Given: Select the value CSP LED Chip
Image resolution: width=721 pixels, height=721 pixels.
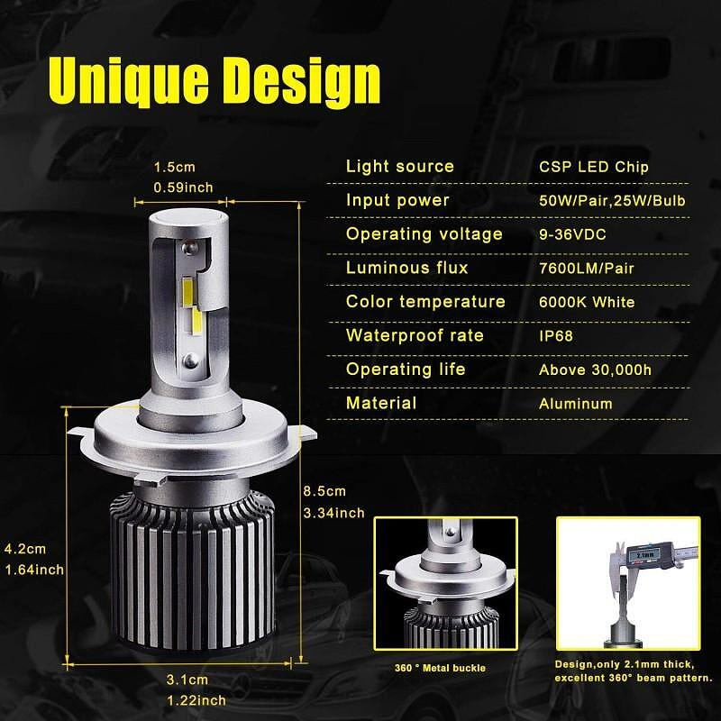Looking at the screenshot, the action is (x=594, y=167).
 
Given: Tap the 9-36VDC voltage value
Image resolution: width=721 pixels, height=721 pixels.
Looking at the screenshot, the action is (x=572, y=234).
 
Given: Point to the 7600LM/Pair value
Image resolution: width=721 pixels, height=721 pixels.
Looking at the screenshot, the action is (x=587, y=268).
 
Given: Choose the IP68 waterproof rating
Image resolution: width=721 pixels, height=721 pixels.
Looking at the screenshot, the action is (x=556, y=335).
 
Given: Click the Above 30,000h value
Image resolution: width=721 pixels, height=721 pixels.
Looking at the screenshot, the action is (x=595, y=370).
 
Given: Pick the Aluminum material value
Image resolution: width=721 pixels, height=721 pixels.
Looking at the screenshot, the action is (x=576, y=404).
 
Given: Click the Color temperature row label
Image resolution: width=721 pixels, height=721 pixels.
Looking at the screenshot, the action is (x=425, y=302).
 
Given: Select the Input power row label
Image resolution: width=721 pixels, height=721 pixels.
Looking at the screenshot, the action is (x=397, y=200).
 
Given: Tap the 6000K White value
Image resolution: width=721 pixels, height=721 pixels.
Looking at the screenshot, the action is (x=587, y=302).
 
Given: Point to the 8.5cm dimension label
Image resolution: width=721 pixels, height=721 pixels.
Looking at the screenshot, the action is (x=324, y=491).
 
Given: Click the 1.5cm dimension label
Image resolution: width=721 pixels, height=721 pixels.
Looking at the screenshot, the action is (x=174, y=167).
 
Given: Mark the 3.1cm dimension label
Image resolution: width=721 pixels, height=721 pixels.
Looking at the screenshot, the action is (x=187, y=680).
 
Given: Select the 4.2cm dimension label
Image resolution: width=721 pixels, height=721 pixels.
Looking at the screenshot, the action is (x=25, y=549).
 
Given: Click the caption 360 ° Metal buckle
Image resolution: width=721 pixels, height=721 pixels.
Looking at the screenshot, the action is (x=440, y=668).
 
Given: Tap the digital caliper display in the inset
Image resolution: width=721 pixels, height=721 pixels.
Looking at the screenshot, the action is (x=644, y=555).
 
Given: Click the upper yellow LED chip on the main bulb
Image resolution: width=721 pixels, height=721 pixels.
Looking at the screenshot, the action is (x=188, y=292).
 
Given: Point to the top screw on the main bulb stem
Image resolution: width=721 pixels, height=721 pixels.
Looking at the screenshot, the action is (x=189, y=249).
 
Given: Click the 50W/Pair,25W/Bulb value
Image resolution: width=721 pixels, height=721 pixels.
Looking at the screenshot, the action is (x=612, y=200).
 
